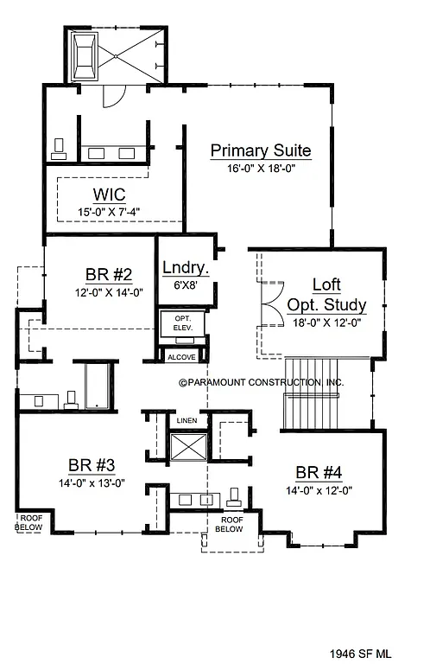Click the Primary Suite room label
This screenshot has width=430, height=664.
click(x=260, y=151)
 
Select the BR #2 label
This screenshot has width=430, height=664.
click(x=109, y=275)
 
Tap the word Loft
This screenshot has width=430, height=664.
click(x=326, y=284)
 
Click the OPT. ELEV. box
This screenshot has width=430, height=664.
click(x=182, y=325)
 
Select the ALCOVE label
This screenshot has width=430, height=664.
click(x=181, y=357)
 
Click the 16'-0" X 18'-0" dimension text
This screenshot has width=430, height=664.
click(x=260, y=169)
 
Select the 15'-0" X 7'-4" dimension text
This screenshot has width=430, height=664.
click(x=110, y=210)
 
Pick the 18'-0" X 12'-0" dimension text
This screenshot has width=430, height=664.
click(x=326, y=322)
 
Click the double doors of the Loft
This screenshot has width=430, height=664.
click(x=271, y=305)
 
